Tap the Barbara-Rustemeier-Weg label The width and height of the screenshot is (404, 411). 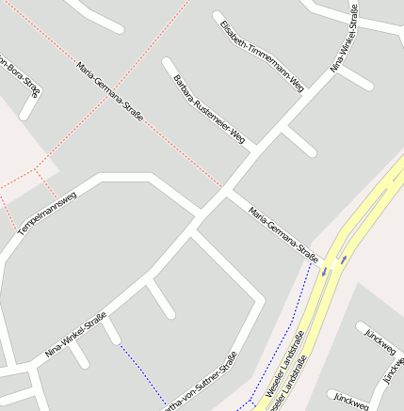click(x=209, y=109)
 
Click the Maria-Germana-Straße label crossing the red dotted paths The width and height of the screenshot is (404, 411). click(x=111, y=92)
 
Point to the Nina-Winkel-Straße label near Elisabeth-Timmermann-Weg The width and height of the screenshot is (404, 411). click(x=345, y=40)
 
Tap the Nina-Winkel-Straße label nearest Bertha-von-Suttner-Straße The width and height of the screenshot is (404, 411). click(x=76, y=335)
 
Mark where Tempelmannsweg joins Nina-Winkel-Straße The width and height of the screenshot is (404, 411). click(x=196, y=214)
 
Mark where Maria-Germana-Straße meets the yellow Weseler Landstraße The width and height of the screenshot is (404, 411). click(x=325, y=262)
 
